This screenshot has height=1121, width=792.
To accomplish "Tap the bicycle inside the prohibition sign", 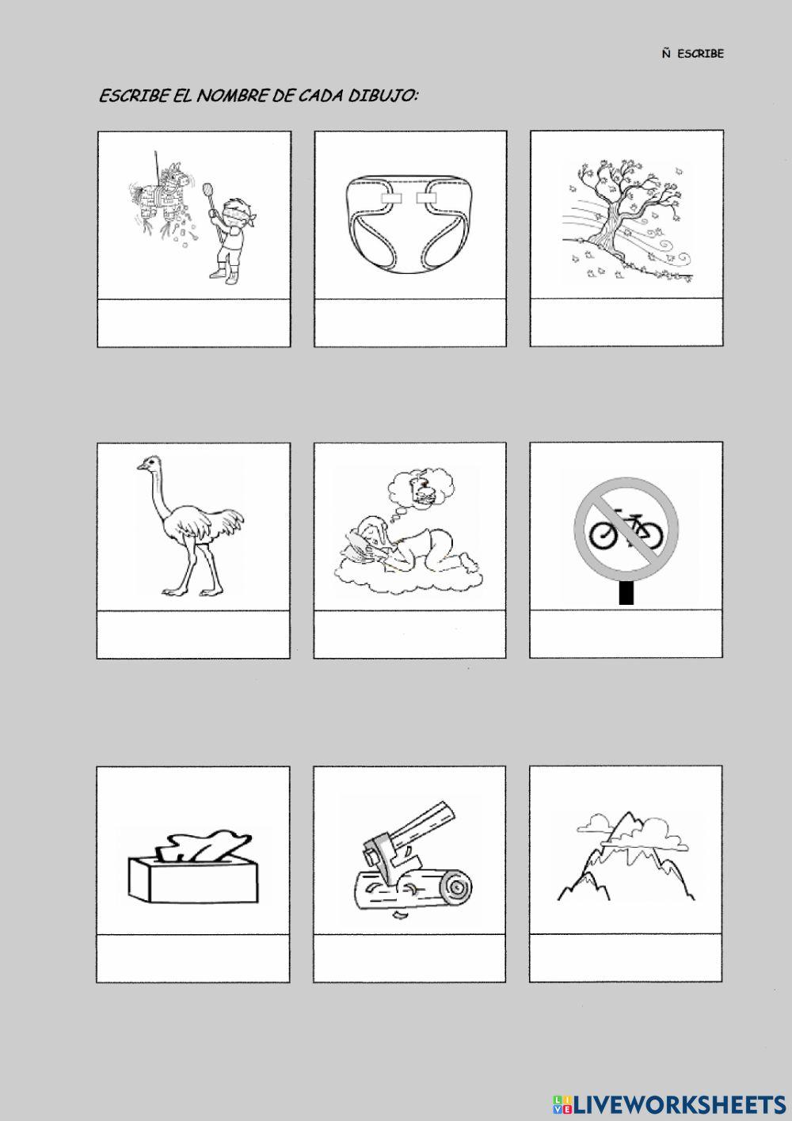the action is click(626, 529).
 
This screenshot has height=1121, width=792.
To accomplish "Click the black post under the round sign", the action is click(626, 593).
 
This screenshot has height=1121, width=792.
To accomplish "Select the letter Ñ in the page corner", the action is click(666, 53).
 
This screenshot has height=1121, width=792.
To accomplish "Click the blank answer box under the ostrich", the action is click(193, 634).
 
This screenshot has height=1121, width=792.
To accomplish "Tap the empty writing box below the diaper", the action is click(410, 323).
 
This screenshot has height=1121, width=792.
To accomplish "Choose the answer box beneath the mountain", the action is click(626, 957).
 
